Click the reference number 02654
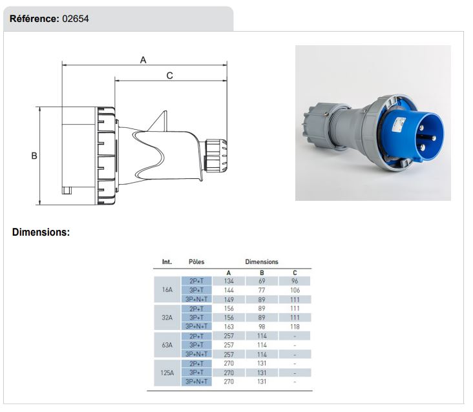tap(76, 19)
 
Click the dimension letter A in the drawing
tap(143, 60)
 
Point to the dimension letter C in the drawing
tap(170, 76)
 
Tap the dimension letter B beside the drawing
tap(34, 156)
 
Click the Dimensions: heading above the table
tap(41, 232)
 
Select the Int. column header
tap(167, 262)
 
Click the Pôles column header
tap(196, 262)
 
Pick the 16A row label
tap(167, 290)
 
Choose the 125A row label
tap(167, 373)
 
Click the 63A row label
tap(167, 345)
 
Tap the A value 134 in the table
tap(229, 281)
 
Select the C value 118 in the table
tap(295, 327)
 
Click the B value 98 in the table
tap(262, 327)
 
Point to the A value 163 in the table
tap(229, 327)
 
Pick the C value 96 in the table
tap(295, 281)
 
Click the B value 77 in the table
tap(262, 290)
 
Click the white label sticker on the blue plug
tap(398, 124)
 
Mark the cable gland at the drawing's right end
tap(216, 156)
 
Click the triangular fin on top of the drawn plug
tap(160, 122)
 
